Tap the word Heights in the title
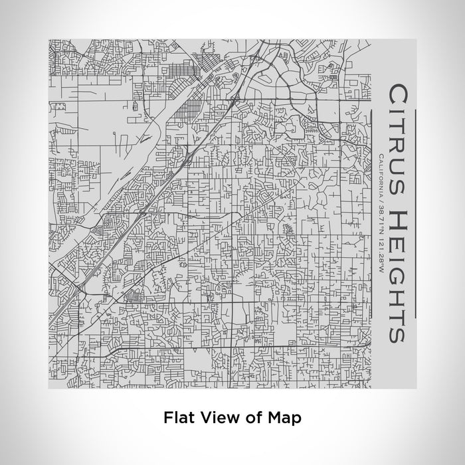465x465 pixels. [x=396, y=276]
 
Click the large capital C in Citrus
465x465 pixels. [x=396, y=93]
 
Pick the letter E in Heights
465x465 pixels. [x=396, y=240]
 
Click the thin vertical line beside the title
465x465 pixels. [x=414, y=213]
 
